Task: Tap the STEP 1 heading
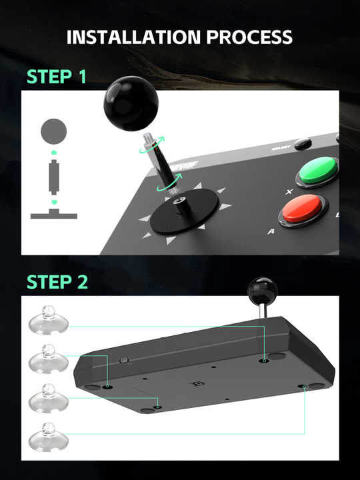57,77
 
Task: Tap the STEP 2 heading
57,282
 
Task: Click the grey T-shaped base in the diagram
54,213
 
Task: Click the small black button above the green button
303,143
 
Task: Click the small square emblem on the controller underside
197,383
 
